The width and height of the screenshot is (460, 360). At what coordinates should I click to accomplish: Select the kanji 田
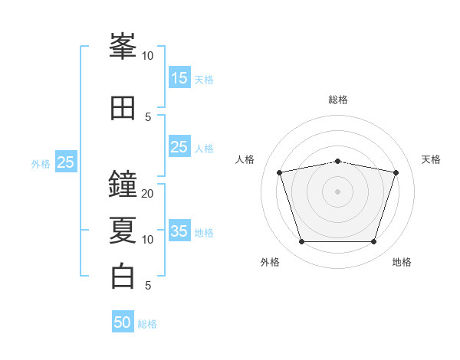pyautogui.click(x=123, y=108)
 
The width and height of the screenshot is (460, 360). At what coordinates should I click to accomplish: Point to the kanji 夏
pyautogui.click(x=123, y=231)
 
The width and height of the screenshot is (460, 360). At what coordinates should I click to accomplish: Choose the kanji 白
pyautogui.click(x=123, y=277)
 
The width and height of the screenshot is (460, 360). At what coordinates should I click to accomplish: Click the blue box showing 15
pyautogui.click(x=179, y=78)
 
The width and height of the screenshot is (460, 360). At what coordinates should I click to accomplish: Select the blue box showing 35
pyautogui.click(x=179, y=231)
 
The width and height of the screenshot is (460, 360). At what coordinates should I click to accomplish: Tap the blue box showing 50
pyautogui.click(x=123, y=322)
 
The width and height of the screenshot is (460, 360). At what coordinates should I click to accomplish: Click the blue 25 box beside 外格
pyautogui.click(x=66, y=162)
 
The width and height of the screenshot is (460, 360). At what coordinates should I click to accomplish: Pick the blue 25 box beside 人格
pyautogui.click(x=179, y=147)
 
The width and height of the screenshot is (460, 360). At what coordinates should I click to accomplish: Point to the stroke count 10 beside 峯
pyautogui.click(x=148, y=56)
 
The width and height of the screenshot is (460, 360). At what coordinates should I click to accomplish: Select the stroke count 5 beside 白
pyautogui.click(x=148, y=286)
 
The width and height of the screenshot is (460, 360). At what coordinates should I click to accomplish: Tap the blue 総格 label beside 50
pyautogui.click(x=147, y=324)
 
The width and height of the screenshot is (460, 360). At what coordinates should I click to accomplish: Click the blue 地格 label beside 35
pyautogui.click(x=204, y=233)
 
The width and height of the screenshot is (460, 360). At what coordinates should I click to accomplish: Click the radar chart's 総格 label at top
pyautogui.click(x=338, y=100)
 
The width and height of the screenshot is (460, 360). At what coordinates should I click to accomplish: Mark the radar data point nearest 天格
pyautogui.click(x=396, y=172)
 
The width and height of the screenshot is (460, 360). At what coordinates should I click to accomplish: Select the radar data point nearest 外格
pyautogui.click(x=302, y=242)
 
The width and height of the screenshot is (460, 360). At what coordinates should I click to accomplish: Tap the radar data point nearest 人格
pyautogui.click(x=280, y=172)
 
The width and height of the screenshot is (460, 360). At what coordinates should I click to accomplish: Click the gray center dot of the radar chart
pyautogui.click(x=338, y=191)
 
